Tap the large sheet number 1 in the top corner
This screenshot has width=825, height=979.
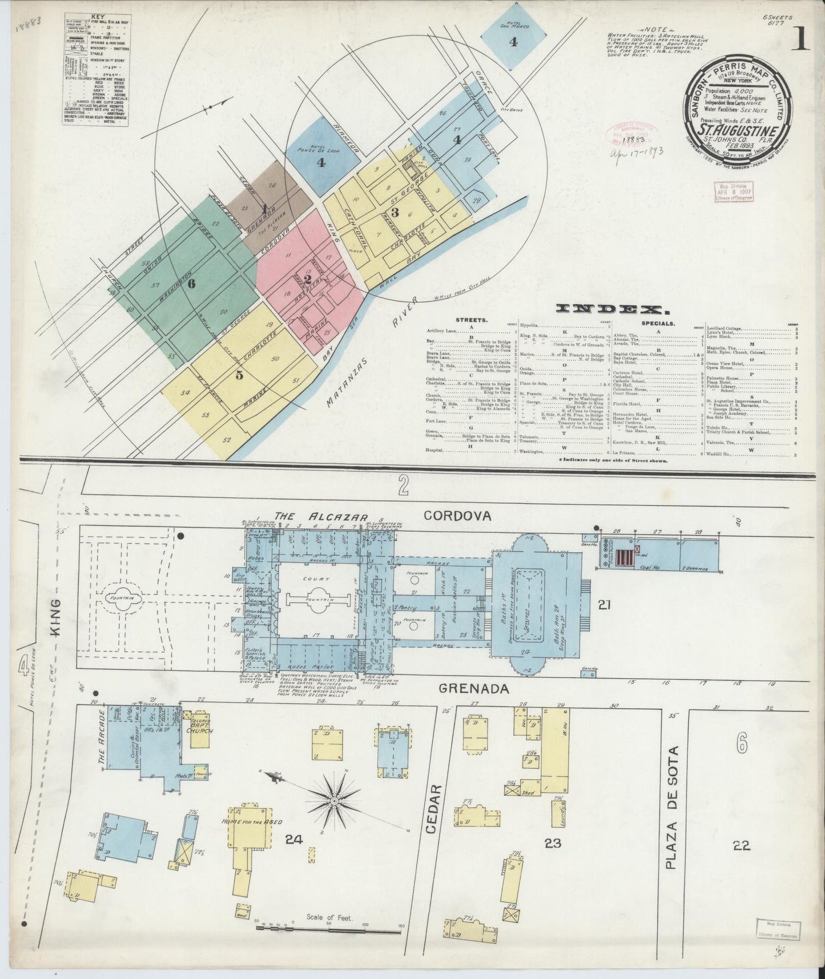coord(800,41)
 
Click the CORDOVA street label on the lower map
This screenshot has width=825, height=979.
coord(457,516)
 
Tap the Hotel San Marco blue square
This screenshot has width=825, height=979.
coord(513,35)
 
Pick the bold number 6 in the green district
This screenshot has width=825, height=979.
coord(191,283)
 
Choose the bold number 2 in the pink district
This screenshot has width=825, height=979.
coord(308,279)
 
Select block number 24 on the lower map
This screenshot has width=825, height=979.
coord(294,838)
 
